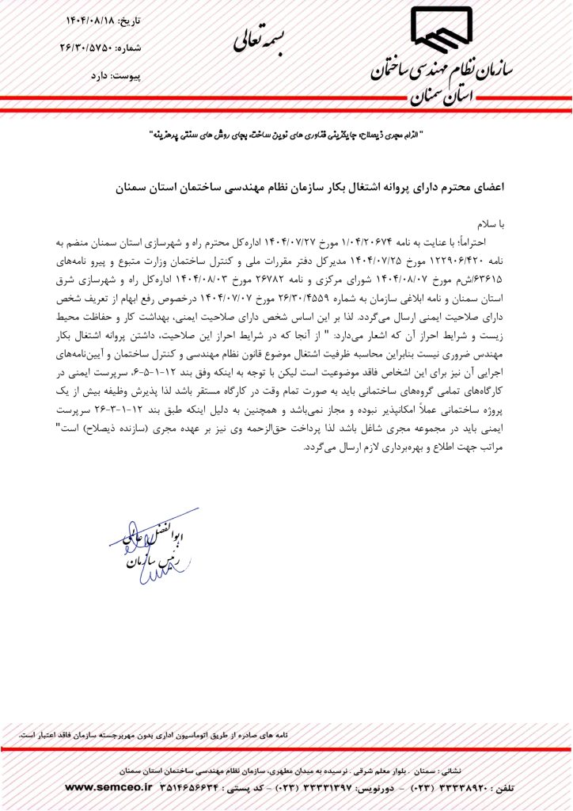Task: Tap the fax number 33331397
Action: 321,788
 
